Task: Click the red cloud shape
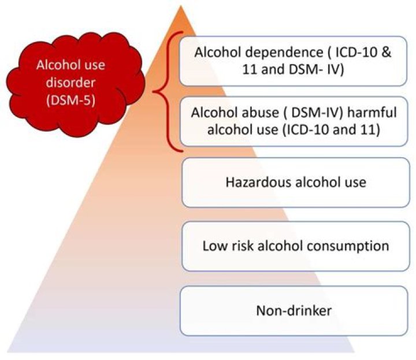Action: [x=76, y=84]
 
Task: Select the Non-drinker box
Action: [x=294, y=311]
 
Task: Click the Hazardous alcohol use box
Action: [x=296, y=183]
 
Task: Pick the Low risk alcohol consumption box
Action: [x=296, y=246]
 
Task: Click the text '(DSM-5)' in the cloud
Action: [x=70, y=101]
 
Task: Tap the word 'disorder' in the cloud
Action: [x=70, y=83]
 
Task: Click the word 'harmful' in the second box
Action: [x=372, y=113]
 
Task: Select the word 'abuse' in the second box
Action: [x=260, y=113]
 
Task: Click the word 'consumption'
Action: [x=348, y=247]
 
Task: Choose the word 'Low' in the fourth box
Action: [x=216, y=246]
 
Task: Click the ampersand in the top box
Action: [x=387, y=52]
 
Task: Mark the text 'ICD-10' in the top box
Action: [x=356, y=52]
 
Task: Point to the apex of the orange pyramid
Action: [x=181, y=6]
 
